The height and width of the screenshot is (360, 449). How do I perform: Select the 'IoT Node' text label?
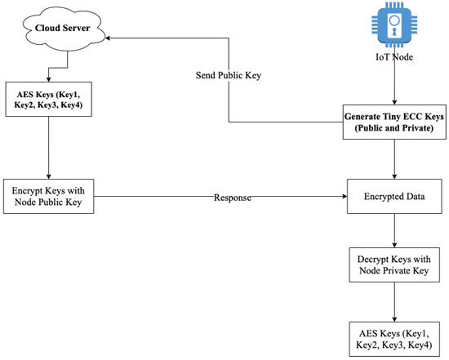(395, 57)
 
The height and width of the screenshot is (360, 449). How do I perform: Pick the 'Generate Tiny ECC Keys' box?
(395, 122)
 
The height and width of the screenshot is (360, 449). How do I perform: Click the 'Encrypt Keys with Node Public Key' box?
(48, 197)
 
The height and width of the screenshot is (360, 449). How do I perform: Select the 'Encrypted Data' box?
(395, 197)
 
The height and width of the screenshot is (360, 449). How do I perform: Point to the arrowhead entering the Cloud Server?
(106, 37)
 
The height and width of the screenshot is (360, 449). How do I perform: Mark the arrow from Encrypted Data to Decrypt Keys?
(395, 232)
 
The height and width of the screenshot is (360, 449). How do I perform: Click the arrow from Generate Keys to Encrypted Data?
(395, 159)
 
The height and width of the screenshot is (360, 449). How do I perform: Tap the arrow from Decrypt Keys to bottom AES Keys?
(395, 303)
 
